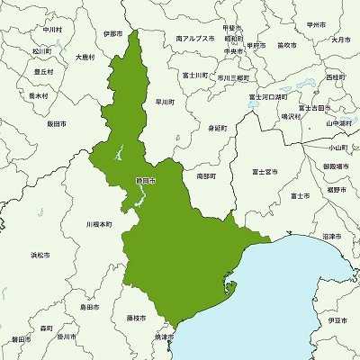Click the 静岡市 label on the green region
[x=146, y=181]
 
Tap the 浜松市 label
[x=40, y=256]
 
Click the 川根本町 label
[x=99, y=223]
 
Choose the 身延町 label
[x=217, y=128]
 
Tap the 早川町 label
[x=165, y=102]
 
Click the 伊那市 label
[x=113, y=34]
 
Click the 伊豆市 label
[x=337, y=320]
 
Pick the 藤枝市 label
[x=138, y=317]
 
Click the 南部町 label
[x=205, y=176]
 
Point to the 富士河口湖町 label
[x=267, y=96]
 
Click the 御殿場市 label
[x=337, y=166]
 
